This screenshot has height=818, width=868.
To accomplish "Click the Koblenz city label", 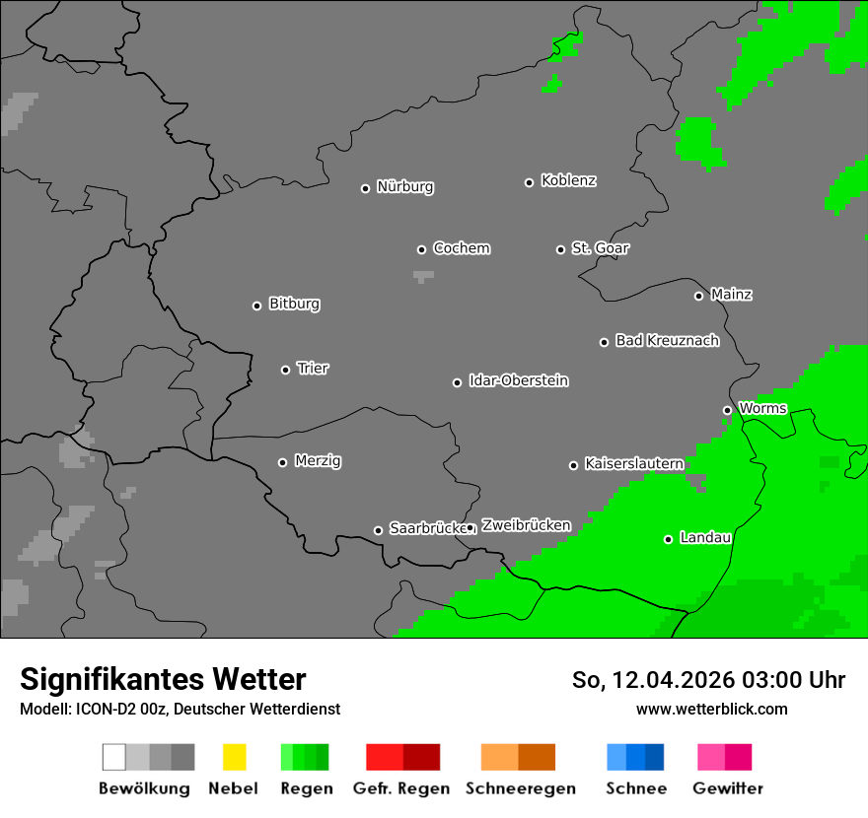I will click(568, 180).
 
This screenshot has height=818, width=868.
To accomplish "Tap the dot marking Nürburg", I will click(365, 188).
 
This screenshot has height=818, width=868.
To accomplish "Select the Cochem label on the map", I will click(462, 248).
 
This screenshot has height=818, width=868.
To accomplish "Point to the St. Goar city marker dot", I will click(560, 249).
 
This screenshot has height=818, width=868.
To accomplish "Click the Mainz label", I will click(731, 295).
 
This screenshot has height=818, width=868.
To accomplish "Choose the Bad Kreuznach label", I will click(667, 341).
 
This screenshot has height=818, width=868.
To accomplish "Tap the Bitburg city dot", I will click(256, 306).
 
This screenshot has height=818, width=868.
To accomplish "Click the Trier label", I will click(313, 369).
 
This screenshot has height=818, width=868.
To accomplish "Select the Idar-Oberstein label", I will click(519, 380).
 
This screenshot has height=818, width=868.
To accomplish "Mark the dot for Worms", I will click(727, 410).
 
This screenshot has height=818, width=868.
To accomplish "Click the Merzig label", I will click(318, 461).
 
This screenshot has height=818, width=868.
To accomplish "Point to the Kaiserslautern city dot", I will click(573, 465).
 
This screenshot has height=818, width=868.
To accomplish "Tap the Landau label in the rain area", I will click(705, 538).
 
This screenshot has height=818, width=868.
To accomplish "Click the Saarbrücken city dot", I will click(378, 530).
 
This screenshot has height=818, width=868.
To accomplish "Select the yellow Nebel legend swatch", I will click(234, 757).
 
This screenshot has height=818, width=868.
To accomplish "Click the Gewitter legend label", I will click(728, 788).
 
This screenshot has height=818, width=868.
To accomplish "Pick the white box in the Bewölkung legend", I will click(113, 757).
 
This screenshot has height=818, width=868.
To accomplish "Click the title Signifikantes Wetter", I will click(163, 680).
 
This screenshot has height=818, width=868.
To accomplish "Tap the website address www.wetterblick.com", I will click(711, 709).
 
